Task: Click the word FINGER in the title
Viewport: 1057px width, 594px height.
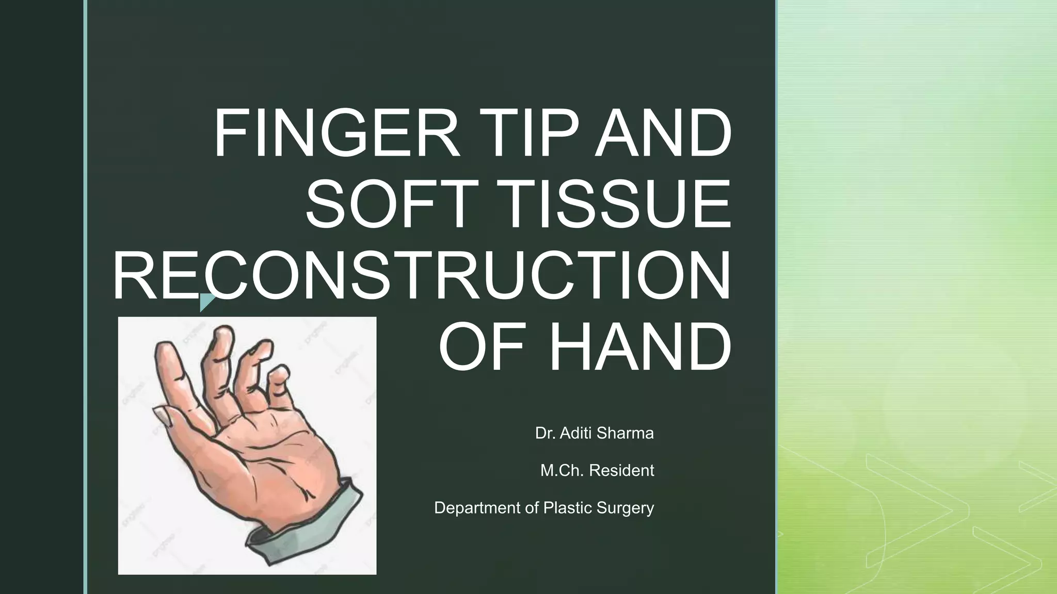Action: [337, 133]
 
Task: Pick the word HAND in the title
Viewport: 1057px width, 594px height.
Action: [640, 346]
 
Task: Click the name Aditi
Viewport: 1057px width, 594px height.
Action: [577, 433]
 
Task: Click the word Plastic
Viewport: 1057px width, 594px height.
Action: [568, 508]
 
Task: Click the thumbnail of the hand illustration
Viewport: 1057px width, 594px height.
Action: [247, 445]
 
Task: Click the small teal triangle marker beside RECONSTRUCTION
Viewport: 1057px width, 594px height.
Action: [206, 301]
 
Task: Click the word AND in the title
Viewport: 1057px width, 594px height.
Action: [663, 133]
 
